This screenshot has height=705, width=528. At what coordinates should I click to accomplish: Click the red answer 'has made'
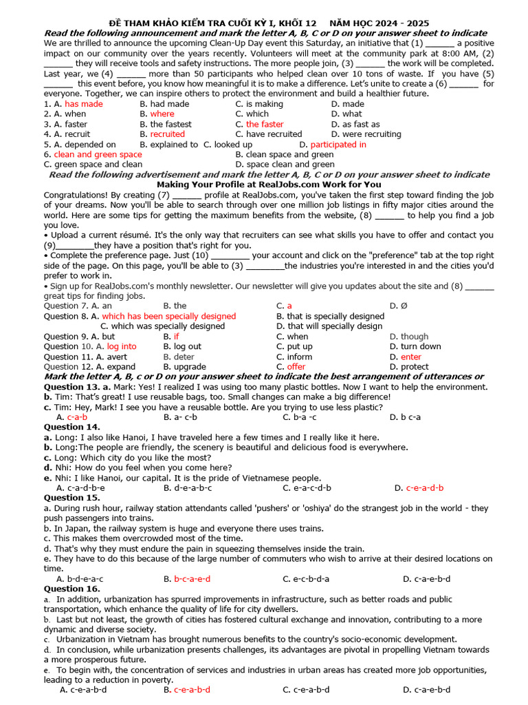(83, 104)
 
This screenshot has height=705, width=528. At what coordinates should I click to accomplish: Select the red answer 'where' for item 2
(162, 114)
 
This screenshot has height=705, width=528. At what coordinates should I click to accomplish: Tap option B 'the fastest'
(170, 125)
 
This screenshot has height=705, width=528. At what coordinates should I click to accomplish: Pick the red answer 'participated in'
(338, 145)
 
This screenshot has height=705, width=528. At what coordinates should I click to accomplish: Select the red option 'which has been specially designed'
(168, 316)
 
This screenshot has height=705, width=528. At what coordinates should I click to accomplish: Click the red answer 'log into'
(122, 346)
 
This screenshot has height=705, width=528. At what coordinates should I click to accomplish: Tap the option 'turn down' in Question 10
(421, 346)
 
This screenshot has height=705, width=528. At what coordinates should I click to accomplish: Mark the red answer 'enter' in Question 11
(411, 357)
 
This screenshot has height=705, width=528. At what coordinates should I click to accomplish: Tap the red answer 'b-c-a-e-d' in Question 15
(192, 579)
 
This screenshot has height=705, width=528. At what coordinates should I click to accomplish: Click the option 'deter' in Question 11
(184, 357)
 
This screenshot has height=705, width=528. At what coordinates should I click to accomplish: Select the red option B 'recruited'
(167, 134)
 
